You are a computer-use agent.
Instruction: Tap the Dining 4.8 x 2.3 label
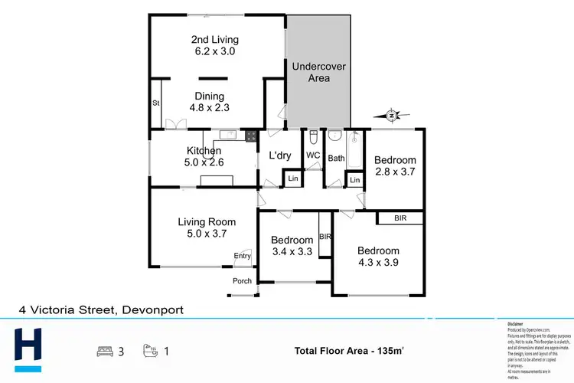[x=209, y=102]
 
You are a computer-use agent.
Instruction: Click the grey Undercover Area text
[x=318, y=73]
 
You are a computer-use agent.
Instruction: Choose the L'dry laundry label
[x=280, y=156]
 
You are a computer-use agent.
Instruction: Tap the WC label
[x=313, y=155]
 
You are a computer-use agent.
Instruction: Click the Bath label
[x=337, y=159]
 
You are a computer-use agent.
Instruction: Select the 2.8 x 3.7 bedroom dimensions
[x=394, y=172]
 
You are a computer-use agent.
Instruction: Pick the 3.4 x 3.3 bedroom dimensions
[x=292, y=251]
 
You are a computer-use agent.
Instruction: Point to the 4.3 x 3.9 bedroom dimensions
[x=378, y=263]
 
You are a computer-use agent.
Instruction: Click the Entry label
[x=242, y=256]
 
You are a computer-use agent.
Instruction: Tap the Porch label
[x=242, y=281]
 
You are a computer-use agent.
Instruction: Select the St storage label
[x=156, y=102]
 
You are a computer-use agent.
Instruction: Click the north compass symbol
[x=391, y=116]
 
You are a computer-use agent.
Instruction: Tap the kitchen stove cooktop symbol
[x=249, y=136]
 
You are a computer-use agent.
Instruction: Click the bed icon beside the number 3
[x=103, y=352]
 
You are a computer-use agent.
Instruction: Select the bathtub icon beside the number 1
[x=150, y=352]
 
